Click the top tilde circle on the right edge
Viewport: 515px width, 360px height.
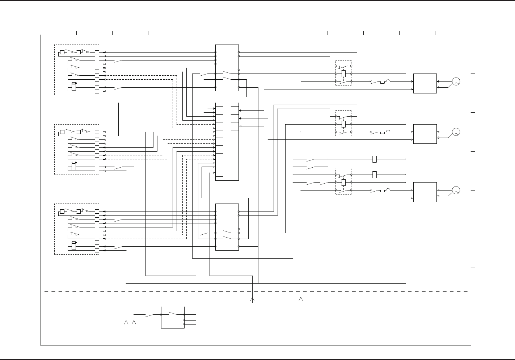point(456,81)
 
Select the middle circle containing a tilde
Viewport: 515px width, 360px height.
point(456,132)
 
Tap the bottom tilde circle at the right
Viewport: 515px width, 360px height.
point(456,190)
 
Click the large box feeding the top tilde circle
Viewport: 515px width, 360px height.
point(425,83)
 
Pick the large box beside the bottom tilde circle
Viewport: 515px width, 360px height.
point(425,192)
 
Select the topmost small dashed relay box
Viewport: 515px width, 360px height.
point(343,73)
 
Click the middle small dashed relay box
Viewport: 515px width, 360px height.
point(343,123)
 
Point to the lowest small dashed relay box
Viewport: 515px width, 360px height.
point(343,181)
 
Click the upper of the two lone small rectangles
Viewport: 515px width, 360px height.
point(375,159)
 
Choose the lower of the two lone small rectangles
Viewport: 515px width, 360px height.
point(375,175)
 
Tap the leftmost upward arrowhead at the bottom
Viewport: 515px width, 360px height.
point(126,322)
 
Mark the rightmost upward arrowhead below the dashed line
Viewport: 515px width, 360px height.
point(300,299)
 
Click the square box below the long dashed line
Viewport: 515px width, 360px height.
point(173,318)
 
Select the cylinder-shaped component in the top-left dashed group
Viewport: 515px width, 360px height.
point(74,87)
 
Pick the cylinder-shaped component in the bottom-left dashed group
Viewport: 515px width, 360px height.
point(74,246)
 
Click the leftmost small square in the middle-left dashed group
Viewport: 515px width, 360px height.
point(62,132)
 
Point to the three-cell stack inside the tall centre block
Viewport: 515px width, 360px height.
point(235,118)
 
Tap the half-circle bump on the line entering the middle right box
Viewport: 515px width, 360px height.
point(388,131)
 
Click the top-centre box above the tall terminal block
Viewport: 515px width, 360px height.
point(227,68)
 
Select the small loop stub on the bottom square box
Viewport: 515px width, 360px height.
point(191,322)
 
